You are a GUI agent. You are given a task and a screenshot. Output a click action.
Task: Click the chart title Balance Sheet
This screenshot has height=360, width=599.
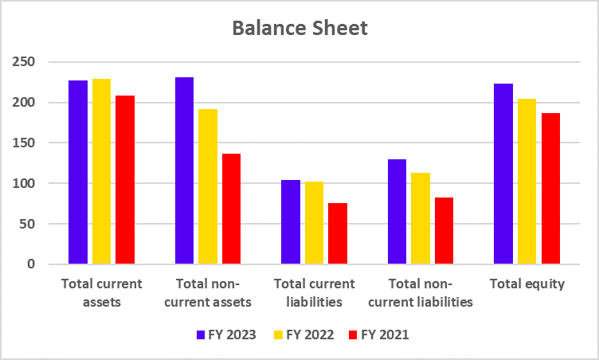(x=299, y=29)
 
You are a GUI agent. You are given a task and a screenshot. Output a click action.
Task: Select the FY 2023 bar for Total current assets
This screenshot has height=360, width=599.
(x=78, y=172)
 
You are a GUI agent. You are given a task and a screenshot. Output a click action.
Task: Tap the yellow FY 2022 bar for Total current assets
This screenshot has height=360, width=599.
(x=101, y=171)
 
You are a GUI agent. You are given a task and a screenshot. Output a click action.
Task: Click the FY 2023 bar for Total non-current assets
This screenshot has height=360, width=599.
(x=184, y=170)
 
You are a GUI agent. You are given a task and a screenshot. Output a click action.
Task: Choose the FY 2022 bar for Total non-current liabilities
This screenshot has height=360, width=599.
(x=421, y=218)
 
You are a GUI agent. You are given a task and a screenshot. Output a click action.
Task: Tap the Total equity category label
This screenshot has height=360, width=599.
(x=527, y=284)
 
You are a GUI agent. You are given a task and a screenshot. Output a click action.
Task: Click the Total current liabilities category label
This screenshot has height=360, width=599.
(x=314, y=292)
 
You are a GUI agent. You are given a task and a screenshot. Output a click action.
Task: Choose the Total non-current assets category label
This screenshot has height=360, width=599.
(x=207, y=292)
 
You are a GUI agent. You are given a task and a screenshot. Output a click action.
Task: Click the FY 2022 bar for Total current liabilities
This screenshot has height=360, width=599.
(x=314, y=223)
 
